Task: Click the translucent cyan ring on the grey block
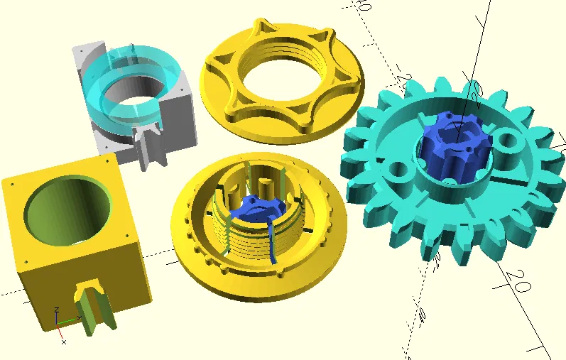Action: click(107, 99)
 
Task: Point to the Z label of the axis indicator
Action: click(57, 311)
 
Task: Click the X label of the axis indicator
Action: click(64, 342)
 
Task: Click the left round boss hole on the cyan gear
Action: click(398, 170)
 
